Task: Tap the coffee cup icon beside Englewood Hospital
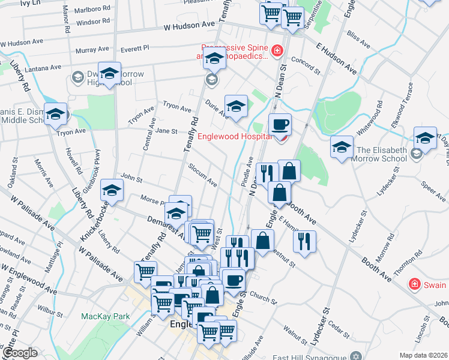tap(280, 125)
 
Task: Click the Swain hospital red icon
tap(414, 283)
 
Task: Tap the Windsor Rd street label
tap(93, 22)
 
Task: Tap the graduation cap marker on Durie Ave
tap(236, 107)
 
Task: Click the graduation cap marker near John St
tap(111, 191)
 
